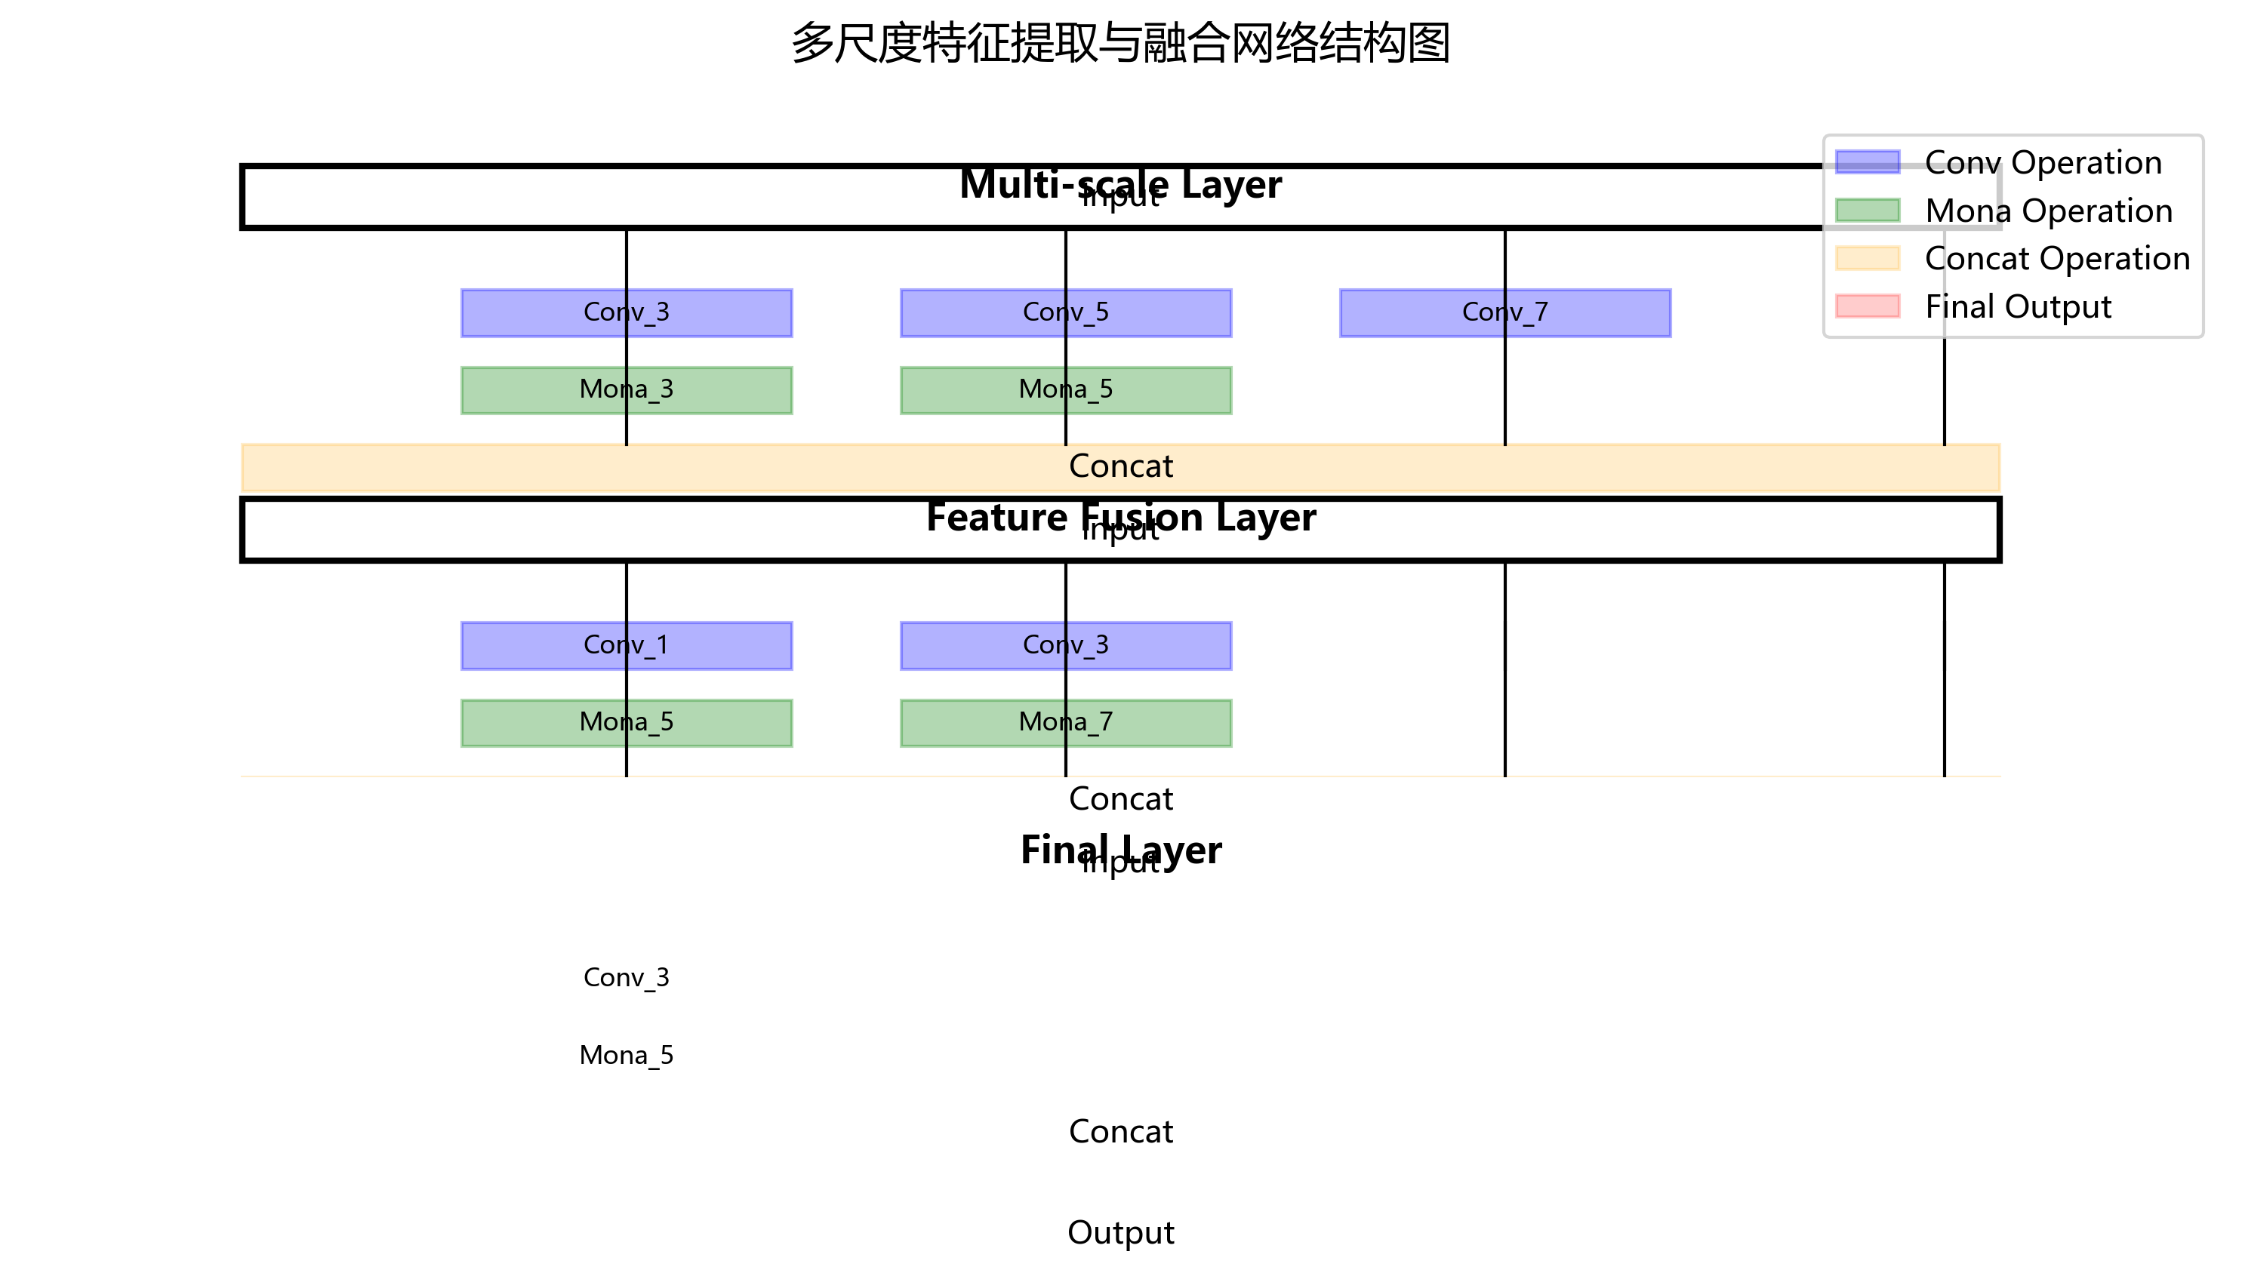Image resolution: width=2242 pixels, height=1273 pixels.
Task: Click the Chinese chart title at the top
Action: [x=1120, y=44]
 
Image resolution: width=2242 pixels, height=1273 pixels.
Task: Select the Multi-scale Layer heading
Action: [x=1120, y=183]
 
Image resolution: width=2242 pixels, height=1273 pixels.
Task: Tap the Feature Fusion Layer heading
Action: [x=1120, y=517]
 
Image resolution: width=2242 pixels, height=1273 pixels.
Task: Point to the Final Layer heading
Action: [x=1120, y=850]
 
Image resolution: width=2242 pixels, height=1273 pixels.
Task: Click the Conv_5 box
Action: [x=1065, y=313]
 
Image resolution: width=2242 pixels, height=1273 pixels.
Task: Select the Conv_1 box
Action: [x=626, y=646]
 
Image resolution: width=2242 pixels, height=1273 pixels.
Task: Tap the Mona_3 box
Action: [x=626, y=390]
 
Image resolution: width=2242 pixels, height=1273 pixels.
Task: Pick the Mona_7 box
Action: [x=1065, y=723]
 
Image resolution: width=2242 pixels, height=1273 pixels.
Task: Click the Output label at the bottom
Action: [x=1120, y=1233]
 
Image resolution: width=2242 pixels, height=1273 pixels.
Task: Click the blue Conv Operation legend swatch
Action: [x=1867, y=163]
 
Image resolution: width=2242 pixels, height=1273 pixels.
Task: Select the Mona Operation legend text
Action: [x=2048, y=211]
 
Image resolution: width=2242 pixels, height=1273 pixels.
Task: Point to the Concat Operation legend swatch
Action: [x=1867, y=259]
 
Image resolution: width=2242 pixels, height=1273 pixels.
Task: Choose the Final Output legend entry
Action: [x=2017, y=307]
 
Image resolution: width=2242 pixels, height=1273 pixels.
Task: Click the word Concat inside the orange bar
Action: [x=1120, y=467]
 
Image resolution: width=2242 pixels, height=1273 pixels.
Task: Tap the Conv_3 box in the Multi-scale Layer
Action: [x=626, y=313]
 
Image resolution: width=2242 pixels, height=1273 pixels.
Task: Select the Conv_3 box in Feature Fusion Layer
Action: [x=1065, y=646]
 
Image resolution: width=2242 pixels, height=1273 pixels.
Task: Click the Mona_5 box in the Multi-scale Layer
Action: [x=1065, y=390]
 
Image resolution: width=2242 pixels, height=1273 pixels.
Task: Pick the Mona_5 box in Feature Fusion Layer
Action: [x=626, y=723]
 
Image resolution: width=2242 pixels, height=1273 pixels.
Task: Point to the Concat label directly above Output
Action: [x=1120, y=1132]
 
